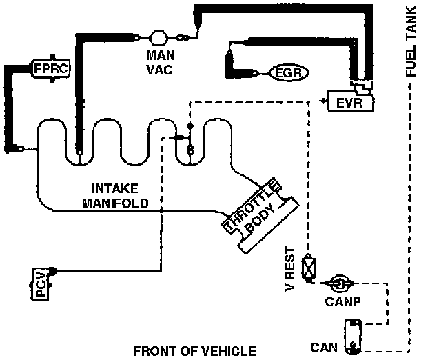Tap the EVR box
pos(352,103)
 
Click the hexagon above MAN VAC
pos(159,37)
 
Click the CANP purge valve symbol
pos(338,283)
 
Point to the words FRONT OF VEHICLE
pos(194,351)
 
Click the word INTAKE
pos(114,188)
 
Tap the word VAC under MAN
pos(159,70)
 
